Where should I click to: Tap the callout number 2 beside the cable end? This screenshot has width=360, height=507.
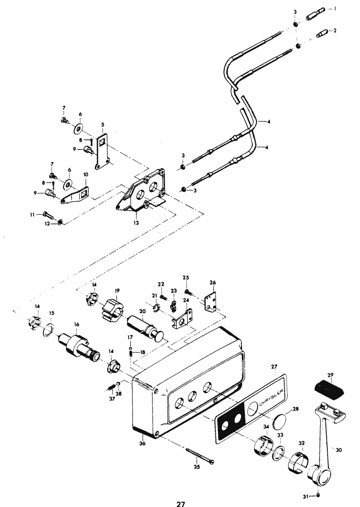(x=335, y=30)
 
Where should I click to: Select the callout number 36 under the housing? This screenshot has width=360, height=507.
(x=142, y=443)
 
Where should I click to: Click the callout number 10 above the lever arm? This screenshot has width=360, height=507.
(x=86, y=175)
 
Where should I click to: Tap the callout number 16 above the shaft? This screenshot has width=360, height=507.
(x=75, y=325)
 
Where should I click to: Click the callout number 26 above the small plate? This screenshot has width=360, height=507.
(x=213, y=282)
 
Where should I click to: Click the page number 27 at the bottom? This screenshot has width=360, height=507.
(x=180, y=504)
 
